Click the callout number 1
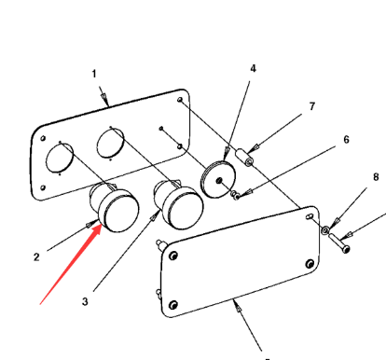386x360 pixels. click(94, 74)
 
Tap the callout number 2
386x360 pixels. click(36, 257)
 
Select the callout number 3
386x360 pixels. click(85, 301)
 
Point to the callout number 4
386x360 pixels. click(254, 68)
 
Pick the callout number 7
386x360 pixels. click(312, 106)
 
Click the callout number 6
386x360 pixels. click(347, 140)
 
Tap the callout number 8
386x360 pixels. click(376, 177)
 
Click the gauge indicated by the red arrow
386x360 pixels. click(115, 207)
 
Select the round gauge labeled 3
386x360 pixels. click(179, 204)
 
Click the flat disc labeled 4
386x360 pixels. click(218, 179)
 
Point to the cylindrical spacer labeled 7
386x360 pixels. click(245, 158)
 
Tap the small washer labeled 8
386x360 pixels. click(325, 230)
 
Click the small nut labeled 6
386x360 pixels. click(235, 195)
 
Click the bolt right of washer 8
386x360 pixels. click(339, 243)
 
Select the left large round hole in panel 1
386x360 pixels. click(60, 158)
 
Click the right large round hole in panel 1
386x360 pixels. click(111, 144)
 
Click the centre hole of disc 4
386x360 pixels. click(219, 180)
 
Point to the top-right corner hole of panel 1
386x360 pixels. click(180, 100)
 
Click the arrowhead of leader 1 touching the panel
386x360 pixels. click(105, 100)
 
